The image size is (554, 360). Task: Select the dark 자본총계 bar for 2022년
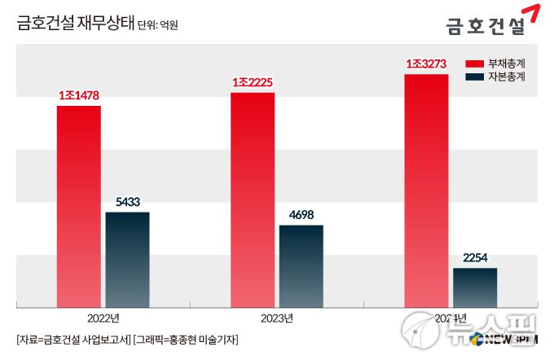tap(127, 259)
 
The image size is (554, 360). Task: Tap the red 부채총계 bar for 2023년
tap(253, 200)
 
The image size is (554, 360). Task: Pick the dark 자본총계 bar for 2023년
tap(301, 266)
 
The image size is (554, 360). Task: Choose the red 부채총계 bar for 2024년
tap(426, 191)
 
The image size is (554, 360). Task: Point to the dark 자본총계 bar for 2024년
tap(475, 287)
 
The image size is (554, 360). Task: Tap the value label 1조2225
tap(253, 83)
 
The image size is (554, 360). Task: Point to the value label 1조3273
tap(426, 64)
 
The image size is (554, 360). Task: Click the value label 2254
tap(475, 258)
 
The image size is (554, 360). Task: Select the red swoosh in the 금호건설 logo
tap(533, 14)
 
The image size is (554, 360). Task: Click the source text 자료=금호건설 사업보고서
tap(73, 339)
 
